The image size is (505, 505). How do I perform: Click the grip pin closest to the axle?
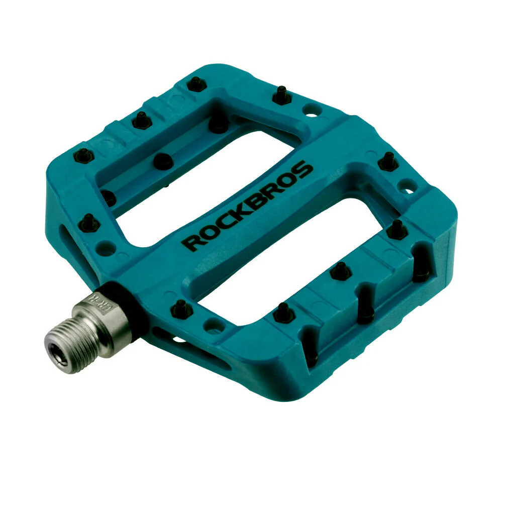181,309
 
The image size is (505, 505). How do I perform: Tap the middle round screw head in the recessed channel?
162,161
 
